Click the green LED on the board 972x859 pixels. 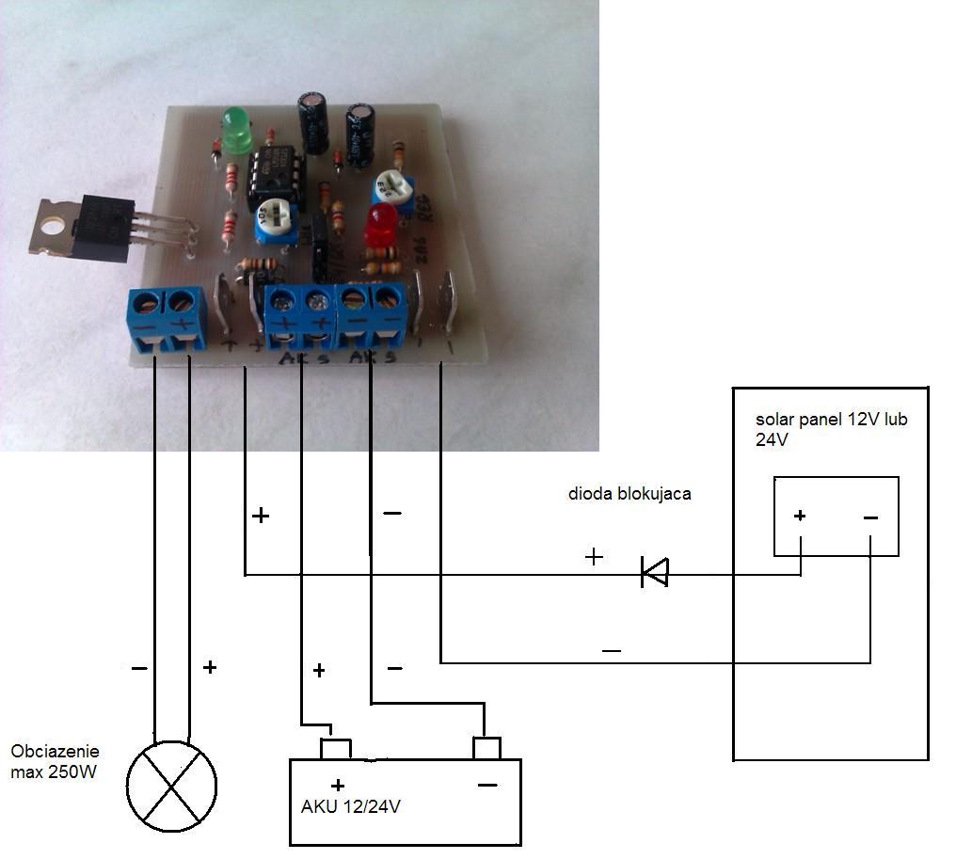(236, 129)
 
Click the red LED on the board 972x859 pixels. (380, 223)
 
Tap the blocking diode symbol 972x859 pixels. (654, 571)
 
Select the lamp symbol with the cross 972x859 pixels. (171, 787)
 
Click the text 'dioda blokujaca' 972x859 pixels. (629, 494)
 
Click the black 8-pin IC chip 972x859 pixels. (277, 178)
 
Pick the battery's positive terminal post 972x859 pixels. (335, 749)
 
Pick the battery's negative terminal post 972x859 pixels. (486, 748)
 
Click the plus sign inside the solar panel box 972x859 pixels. (800, 516)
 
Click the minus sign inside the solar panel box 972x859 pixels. (870, 517)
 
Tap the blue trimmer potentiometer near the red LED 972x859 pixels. (394, 190)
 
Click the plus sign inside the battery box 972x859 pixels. (337, 785)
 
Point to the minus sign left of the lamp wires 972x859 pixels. (138, 668)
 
